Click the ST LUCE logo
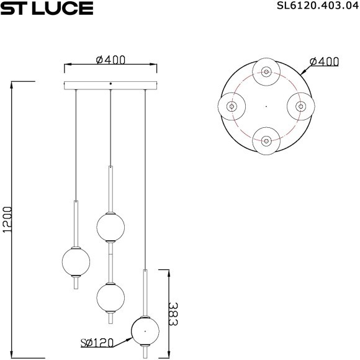tap(47, 8)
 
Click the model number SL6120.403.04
tap(318, 6)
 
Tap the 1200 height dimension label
tap(7, 220)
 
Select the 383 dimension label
tap(173, 314)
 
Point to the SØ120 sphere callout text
tap(97, 343)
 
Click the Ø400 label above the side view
tap(110, 60)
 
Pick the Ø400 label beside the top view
tap(324, 61)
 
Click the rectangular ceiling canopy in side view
tap(110, 86)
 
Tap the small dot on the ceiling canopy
tap(110, 84)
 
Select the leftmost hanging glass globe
tap(76, 261)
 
